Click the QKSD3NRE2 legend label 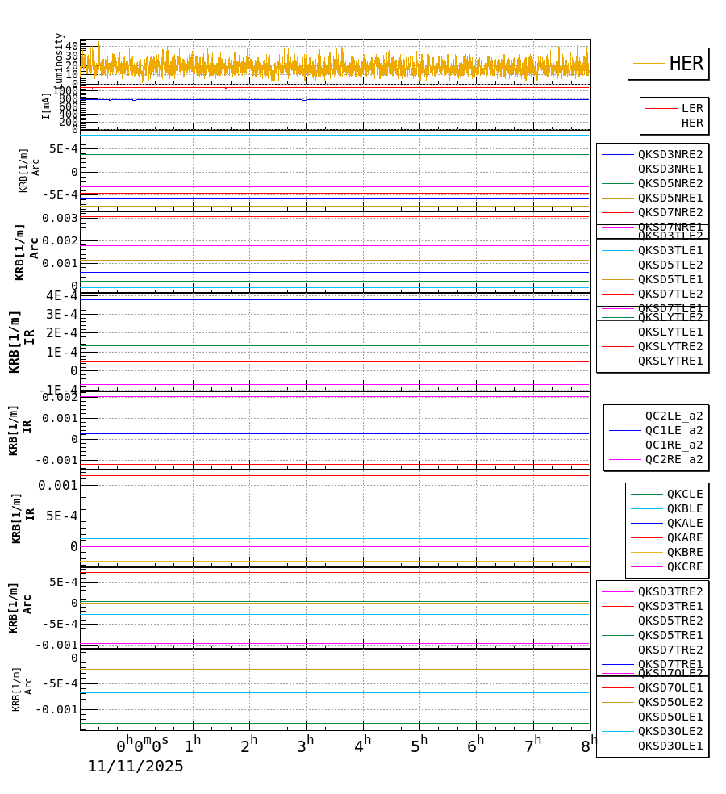670,154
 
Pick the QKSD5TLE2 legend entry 670,265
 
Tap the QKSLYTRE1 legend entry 670,361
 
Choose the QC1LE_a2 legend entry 674,430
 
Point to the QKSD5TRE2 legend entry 670,621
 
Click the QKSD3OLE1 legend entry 670,746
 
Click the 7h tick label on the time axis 533,746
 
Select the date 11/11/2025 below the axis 136,767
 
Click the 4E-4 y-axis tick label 61,295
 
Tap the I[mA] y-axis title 46,106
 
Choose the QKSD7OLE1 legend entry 670,687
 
